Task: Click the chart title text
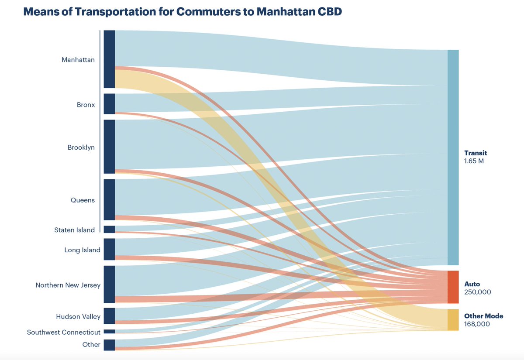tap(182, 12)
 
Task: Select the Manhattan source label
tap(78, 60)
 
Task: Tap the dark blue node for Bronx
tap(109, 104)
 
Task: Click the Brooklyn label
tap(81, 147)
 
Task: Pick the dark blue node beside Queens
tap(109, 199)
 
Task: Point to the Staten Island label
tap(74, 230)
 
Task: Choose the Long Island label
tap(82, 250)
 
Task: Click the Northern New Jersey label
tap(68, 285)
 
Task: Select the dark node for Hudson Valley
tap(109, 316)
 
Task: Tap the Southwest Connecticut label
tap(64, 333)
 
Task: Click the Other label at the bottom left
tap(91, 345)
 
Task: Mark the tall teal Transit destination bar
tap(453, 157)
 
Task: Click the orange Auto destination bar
tap(453, 287)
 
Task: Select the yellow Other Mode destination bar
tap(453, 320)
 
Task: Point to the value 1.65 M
tap(474, 161)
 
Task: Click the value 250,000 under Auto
tap(478, 292)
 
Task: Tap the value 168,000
tap(477, 324)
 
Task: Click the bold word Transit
tap(476, 153)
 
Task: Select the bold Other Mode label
tap(484, 316)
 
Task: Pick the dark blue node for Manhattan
tap(109, 59)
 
